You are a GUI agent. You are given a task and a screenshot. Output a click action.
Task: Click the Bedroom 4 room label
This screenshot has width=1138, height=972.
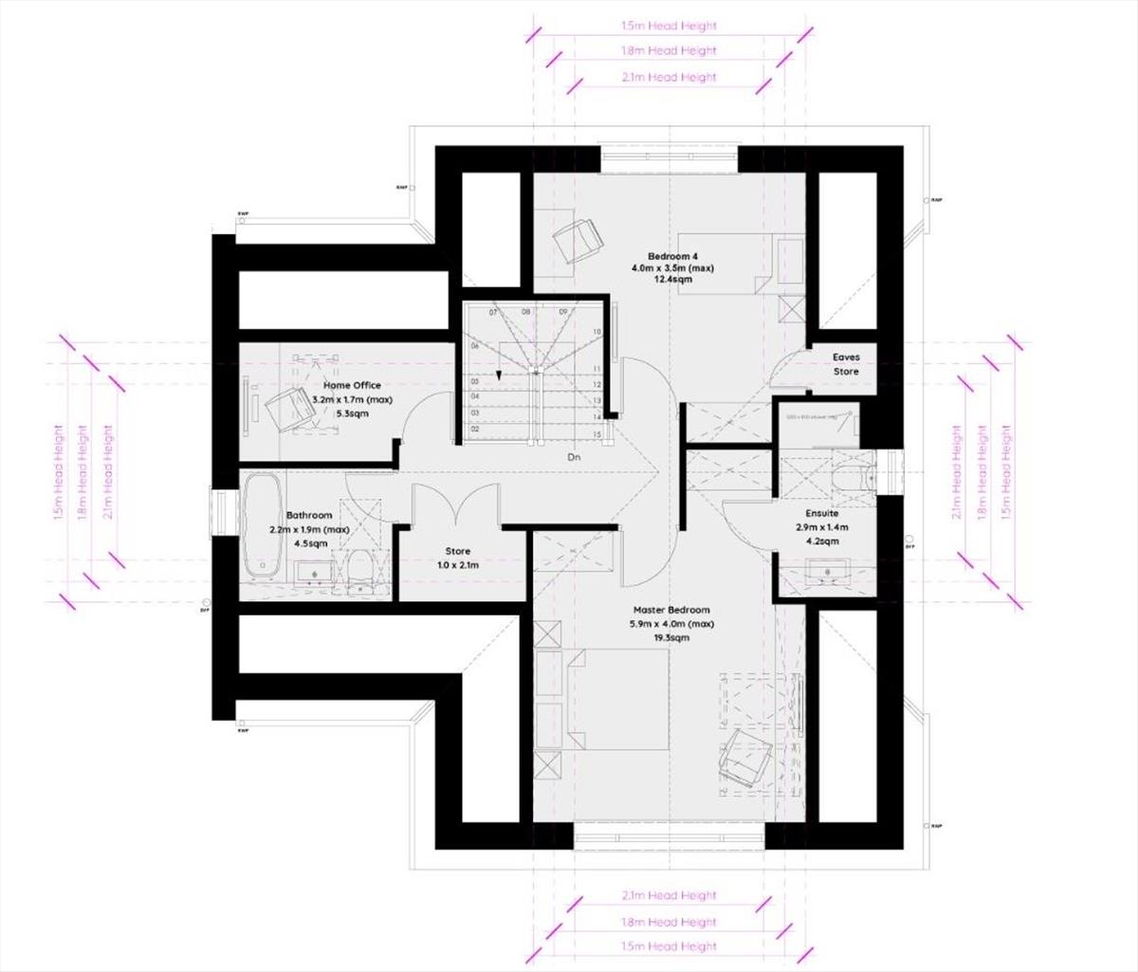672,256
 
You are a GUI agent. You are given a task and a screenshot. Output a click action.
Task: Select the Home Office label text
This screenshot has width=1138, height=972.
352,386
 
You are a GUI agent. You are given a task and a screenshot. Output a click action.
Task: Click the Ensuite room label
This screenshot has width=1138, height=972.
821,514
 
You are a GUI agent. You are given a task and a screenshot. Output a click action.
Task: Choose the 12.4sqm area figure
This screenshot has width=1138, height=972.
672,281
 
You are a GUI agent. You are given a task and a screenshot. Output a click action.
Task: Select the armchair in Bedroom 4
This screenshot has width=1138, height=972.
578,240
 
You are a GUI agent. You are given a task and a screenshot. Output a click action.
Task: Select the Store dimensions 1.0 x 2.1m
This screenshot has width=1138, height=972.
458,565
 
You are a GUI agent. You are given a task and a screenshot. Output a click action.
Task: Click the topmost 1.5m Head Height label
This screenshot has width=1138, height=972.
670,26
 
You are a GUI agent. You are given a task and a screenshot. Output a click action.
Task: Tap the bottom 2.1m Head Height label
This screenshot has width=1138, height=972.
670,895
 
